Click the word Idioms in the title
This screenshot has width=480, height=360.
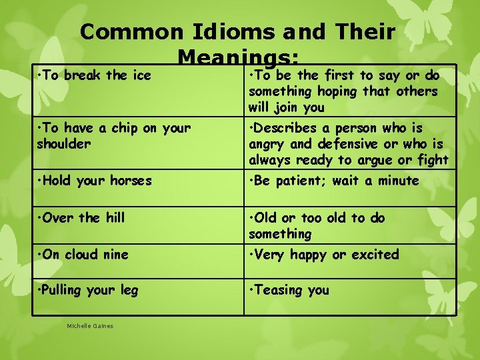[x=231, y=31]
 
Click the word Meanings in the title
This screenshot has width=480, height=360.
[x=239, y=56]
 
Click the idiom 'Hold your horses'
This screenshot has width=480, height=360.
[x=94, y=181]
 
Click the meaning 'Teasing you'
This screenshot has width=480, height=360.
[x=289, y=290]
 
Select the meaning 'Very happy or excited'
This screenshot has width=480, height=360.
[x=323, y=254]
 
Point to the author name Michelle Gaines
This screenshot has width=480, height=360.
[x=90, y=326]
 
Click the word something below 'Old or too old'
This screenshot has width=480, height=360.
[x=280, y=234]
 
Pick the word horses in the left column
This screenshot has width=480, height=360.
[x=129, y=181]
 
